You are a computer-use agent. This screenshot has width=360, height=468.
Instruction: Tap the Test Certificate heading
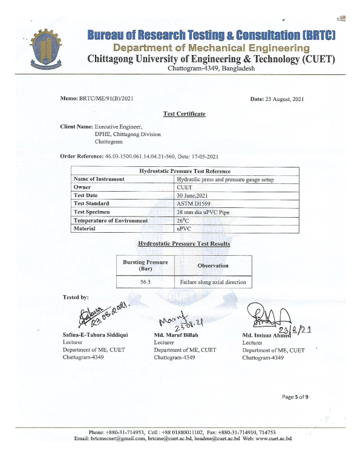click(184, 114)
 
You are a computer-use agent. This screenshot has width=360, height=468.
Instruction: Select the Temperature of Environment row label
click(110, 221)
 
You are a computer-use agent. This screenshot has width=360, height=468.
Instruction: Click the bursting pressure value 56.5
click(145, 282)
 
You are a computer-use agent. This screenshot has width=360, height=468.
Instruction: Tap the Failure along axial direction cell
click(212, 282)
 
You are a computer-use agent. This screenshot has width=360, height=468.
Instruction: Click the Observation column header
click(212, 265)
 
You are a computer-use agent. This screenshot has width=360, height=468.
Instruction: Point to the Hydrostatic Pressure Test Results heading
click(184, 243)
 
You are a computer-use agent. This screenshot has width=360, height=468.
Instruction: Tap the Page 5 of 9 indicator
click(295, 397)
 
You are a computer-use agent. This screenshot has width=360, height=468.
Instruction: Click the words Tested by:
click(76, 297)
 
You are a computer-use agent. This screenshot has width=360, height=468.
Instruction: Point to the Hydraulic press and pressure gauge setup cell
click(221, 179)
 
